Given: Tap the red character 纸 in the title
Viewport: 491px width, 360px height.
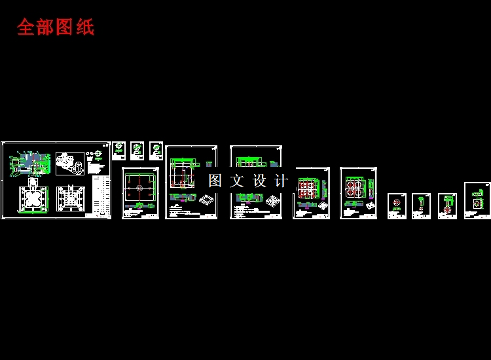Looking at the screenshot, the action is (x=85, y=27).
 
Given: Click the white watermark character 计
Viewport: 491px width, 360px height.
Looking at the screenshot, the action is (x=281, y=181).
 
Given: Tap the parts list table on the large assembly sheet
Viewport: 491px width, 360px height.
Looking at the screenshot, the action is (x=99, y=194).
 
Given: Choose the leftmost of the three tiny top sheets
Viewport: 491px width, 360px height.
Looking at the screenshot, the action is (x=118, y=151).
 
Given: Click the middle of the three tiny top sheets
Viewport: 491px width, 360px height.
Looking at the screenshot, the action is (x=137, y=151).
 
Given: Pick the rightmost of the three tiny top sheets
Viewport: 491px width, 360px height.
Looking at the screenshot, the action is (x=156, y=151).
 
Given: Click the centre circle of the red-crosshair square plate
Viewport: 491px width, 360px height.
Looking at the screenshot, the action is (x=140, y=189).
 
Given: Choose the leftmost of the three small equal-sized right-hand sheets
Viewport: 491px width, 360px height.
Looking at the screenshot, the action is (x=397, y=206).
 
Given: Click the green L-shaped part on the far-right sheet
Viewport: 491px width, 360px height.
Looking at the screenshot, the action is (x=480, y=194).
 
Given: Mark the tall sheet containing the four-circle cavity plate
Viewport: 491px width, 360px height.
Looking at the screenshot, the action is (x=359, y=192).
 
